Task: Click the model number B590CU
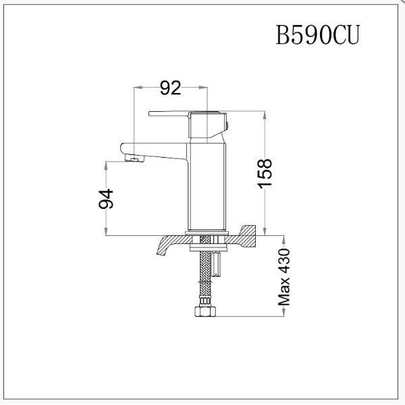(317, 36)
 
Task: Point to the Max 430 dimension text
(284, 276)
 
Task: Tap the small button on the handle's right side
(229, 124)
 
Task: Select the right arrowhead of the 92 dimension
(203, 88)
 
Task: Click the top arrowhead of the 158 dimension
(267, 115)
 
